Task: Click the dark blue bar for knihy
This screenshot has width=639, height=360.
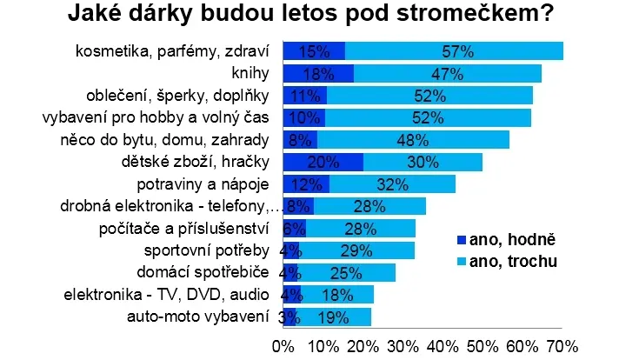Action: [x=318, y=73]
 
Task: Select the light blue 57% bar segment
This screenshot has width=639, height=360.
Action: [x=454, y=51]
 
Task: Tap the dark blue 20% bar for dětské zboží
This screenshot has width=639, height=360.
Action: [x=323, y=163]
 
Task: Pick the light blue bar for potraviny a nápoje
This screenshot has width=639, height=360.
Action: [x=392, y=183]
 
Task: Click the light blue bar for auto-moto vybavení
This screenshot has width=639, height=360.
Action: [x=333, y=317]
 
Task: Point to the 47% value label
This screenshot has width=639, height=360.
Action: [x=447, y=74]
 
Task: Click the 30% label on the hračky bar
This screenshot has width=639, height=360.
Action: [x=423, y=163]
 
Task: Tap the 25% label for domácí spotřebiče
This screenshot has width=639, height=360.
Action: [x=346, y=273]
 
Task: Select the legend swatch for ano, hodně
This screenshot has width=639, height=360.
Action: [x=462, y=240]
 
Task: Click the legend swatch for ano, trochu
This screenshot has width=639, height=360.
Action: [x=462, y=262]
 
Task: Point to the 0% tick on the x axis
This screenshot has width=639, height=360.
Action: [x=283, y=347]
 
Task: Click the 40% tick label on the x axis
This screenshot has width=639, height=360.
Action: [x=443, y=347]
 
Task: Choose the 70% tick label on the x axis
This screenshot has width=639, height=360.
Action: [x=562, y=347]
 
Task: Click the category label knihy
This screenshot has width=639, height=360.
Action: [x=250, y=73]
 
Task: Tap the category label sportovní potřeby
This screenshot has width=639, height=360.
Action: [x=207, y=250]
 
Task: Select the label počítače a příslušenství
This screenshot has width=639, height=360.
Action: [x=183, y=229]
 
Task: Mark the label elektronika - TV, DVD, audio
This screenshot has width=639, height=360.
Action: [x=166, y=295]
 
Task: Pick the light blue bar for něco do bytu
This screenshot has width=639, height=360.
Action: [x=413, y=140]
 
